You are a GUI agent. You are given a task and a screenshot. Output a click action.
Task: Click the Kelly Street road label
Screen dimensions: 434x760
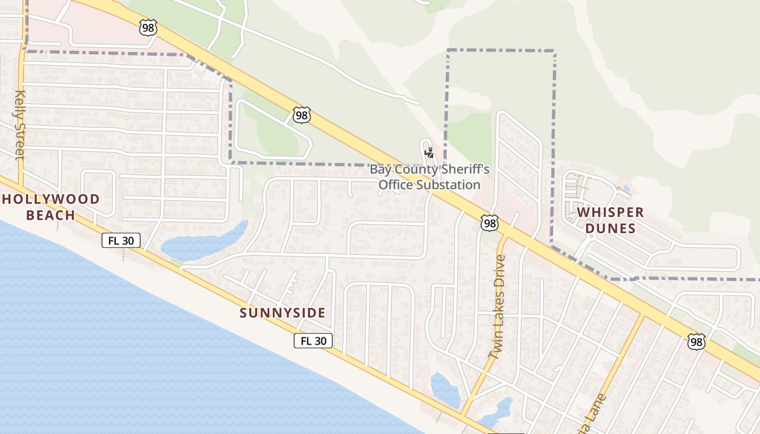click(x=20, y=125)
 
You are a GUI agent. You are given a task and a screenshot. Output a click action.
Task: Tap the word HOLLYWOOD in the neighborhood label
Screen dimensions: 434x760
click(x=51, y=199)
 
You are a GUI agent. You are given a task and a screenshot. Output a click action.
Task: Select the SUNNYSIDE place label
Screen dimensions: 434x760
click(x=283, y=313)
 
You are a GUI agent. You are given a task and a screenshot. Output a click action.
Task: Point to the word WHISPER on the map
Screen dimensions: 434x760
click(x=610, y=212)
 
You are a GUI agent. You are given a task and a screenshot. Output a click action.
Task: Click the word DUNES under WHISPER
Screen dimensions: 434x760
click(x=611, y=228)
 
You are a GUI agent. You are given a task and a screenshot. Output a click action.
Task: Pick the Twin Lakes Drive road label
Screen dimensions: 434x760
click(x=497, y=307)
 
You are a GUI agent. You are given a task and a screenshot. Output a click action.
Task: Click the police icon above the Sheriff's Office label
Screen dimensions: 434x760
click(x=429, y=152)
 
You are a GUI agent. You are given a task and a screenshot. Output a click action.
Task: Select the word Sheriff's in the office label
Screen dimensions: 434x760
click(x=464, y=170)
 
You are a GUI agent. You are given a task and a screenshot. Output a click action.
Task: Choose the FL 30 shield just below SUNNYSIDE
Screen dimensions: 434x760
click(x=313, y=341)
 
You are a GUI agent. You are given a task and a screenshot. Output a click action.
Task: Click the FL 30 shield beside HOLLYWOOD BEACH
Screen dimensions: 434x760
click(x=121, y=240)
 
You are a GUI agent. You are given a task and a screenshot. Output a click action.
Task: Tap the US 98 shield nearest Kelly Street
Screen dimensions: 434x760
click(x=148, y=28)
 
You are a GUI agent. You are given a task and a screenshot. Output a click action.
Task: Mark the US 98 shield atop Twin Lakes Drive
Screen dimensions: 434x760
click(x=490, y=222)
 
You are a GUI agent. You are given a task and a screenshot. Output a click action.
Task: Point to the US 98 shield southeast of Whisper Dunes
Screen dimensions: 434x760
click(x=696, y=342)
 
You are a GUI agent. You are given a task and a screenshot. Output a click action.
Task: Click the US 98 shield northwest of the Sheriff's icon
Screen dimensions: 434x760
click(x=302, y=114)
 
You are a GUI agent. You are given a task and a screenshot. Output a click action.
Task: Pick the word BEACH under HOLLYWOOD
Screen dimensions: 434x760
click(x=51, y=215)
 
